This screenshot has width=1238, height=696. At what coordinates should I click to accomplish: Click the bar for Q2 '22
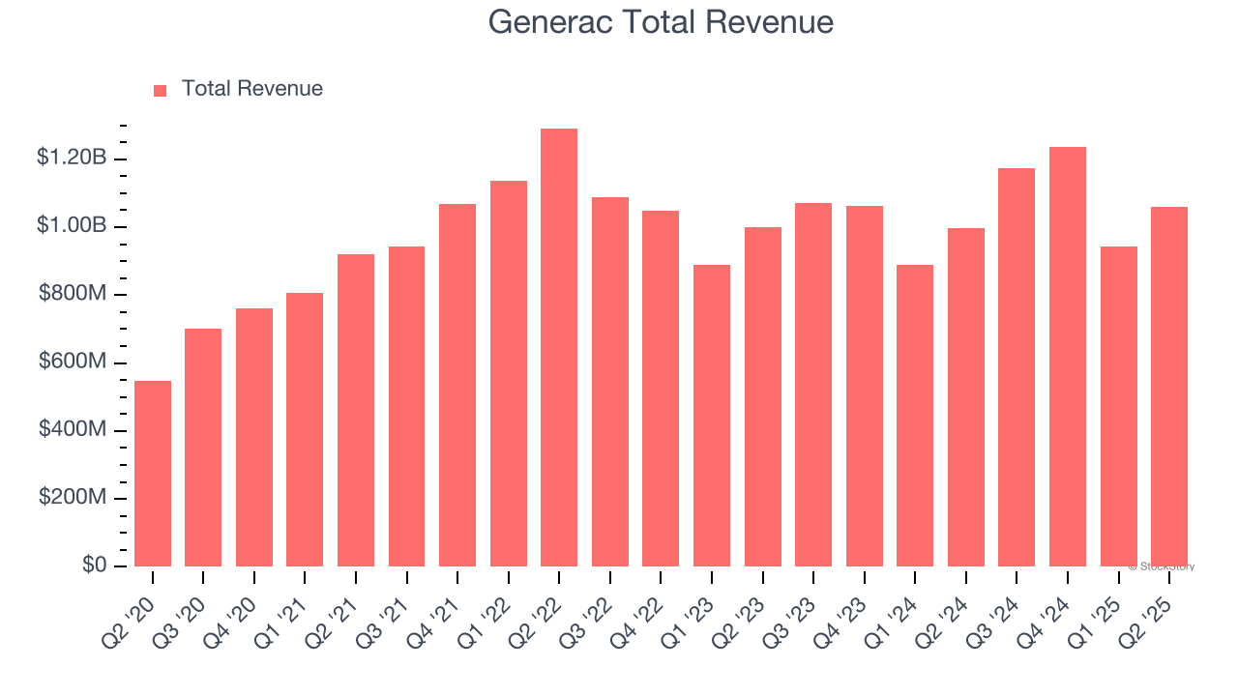[559, 347]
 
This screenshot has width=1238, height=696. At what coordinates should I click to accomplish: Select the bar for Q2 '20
[153, 474]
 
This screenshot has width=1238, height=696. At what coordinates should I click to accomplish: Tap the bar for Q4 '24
[1068, 357]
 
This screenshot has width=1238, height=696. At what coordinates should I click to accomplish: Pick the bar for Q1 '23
[712, 416]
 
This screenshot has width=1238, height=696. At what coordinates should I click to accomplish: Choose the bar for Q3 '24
[1017, 367]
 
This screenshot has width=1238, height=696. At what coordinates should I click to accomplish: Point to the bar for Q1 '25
[1119, 406]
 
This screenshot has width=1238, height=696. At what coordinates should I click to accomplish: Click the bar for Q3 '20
[203, 448]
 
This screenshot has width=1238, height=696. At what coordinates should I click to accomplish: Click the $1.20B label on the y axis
[71, 158]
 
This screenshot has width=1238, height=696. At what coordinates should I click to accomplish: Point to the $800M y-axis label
[73, 294]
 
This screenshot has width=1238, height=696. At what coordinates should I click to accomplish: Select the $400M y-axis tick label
[73, 429]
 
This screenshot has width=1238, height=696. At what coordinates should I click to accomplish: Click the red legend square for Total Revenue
[161, 90]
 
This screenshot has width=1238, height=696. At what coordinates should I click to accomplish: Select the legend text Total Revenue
[252, 89]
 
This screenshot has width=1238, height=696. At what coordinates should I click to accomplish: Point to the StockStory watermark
[1162, 566]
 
